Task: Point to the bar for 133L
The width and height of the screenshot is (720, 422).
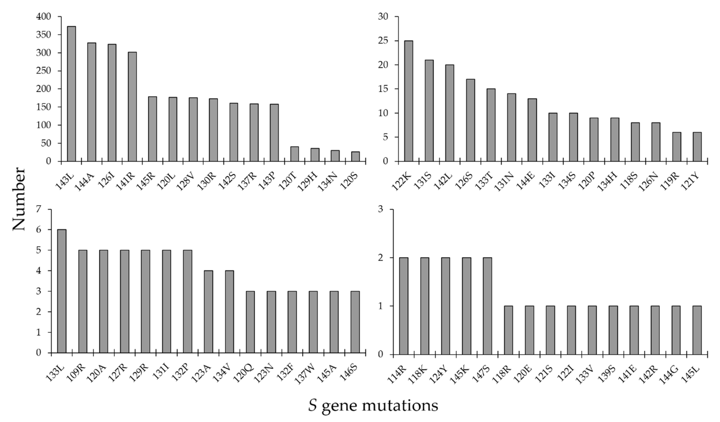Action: click(62, 291)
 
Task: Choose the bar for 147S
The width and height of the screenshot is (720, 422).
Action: click(487, 306)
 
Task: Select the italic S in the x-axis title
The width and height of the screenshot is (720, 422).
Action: click(313, 405)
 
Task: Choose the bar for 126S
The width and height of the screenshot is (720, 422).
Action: click(471, 120)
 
